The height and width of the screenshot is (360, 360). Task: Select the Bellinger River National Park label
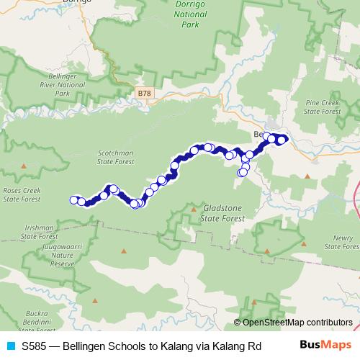click(x=48, y=84)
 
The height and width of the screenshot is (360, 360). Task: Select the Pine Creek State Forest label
click(x=322, y=107)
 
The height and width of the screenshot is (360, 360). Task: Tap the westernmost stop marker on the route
click(x=73, y=199)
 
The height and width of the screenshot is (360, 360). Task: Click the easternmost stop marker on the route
click(x=282, y=140)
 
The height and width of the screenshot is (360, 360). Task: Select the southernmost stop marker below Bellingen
click(x=242, y=173)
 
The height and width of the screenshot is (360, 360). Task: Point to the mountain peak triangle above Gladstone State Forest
click(x=194, y=189)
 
